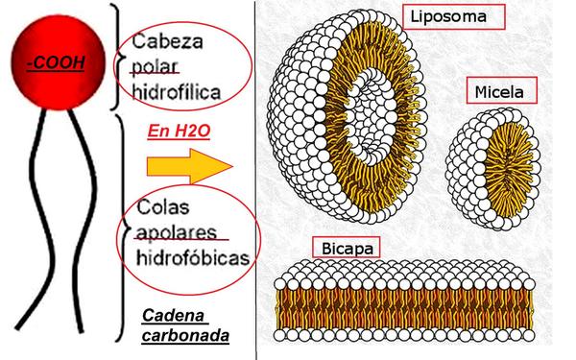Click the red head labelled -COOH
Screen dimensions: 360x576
(x=55, y=43)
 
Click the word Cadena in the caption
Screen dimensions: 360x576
(x=173, y=316)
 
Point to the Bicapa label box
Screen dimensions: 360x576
(x=343, y=248)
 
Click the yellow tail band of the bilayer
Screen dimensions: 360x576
(x=407, y=307)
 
